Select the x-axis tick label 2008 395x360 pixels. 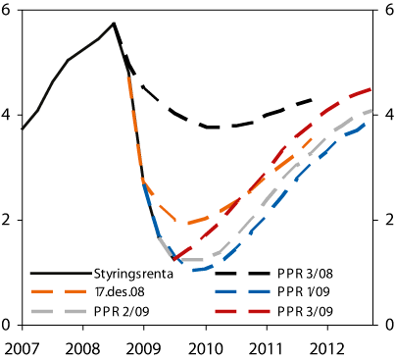coord(82,347)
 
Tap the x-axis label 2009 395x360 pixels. coord(144,347)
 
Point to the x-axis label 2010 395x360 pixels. coord(206,347)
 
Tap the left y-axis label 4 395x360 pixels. coord(8,115)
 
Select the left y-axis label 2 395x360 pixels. coord(8,220)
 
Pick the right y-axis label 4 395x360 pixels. coord(388,115)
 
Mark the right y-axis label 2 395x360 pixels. coord(388,220)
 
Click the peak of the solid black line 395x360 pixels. coord(114,24)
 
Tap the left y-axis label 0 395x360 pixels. coord(8,325)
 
